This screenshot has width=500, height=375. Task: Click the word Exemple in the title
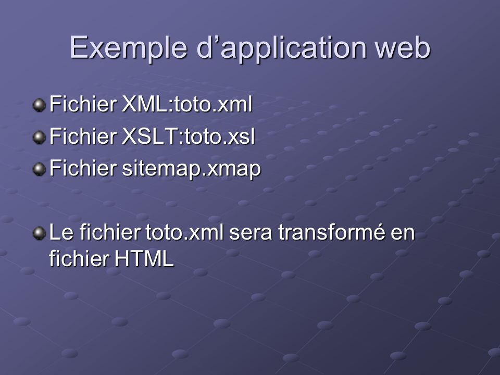128,47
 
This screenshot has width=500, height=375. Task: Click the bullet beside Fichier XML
39,105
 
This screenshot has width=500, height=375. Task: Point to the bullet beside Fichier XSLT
39,137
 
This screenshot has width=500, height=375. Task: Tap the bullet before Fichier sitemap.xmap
39,169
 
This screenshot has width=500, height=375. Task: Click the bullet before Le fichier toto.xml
39,233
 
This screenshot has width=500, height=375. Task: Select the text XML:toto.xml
187,104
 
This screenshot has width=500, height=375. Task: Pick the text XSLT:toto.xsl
188,136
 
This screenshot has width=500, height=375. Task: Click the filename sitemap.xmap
191,169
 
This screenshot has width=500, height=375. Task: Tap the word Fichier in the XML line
83,104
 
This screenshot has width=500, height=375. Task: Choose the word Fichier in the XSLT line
83,136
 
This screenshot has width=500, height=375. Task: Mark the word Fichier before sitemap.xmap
83,168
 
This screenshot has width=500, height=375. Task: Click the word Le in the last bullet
61,232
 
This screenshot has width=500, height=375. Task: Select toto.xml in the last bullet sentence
184,232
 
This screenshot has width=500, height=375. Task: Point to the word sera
251,234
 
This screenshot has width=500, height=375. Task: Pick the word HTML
144,258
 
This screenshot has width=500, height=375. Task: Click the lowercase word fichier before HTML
79,258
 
